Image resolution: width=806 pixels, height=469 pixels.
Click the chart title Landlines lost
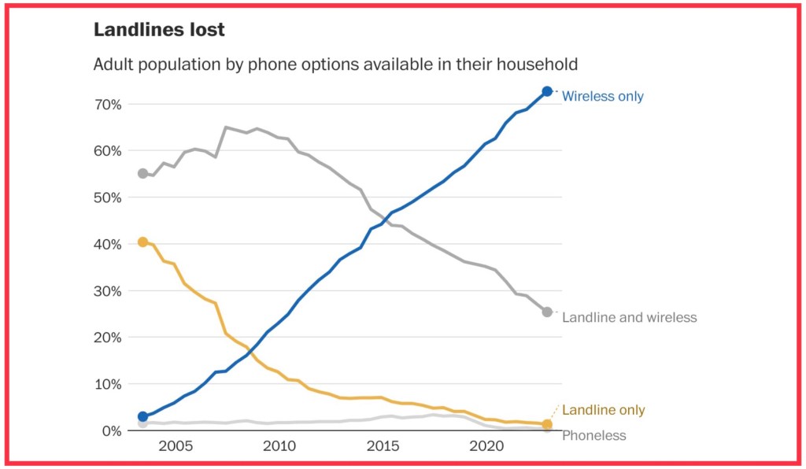coord(159,30)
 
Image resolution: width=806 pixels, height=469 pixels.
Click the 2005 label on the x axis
coord(175,447)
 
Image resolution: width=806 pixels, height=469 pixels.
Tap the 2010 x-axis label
coord(279,447)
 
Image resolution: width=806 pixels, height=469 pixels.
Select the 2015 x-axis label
coord(383,447)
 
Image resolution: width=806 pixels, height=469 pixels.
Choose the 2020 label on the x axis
coord(486,447)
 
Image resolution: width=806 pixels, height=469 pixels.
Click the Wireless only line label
coord(602,97)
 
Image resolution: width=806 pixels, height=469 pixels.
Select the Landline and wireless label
coord(629,318)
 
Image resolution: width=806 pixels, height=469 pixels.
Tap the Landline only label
coord(603,410)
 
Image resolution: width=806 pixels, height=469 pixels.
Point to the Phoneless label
coord(593,435)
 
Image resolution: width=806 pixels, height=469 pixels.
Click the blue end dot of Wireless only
coord(547,92)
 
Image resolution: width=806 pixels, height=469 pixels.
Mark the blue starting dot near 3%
coord(142,417)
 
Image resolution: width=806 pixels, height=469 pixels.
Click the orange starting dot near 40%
coord(142,242)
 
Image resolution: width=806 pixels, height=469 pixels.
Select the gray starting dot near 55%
coord(142,174)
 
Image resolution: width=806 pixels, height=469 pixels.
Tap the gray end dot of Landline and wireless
coord(547,312)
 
